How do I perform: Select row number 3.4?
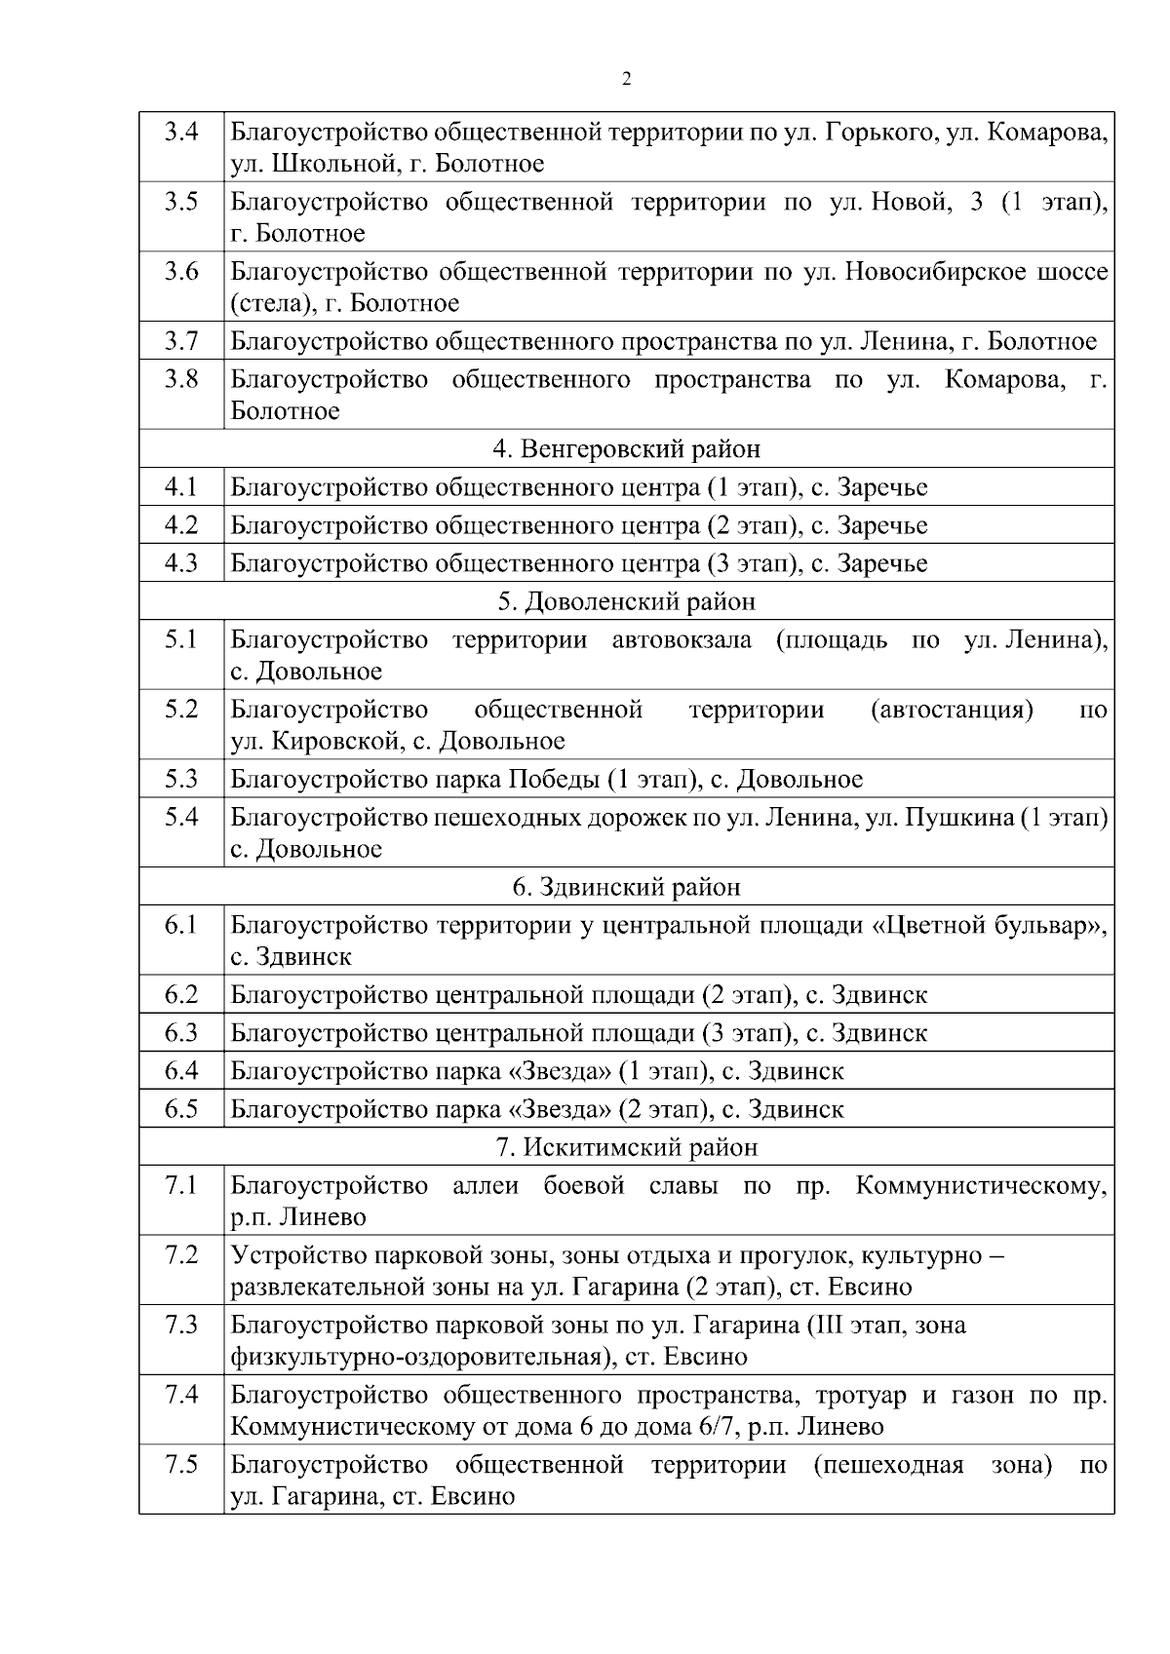(x=181, y=131)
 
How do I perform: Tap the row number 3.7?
(x=181, y=341)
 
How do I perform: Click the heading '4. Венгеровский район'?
(x=626, y=449)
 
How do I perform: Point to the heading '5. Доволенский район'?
(x=626, y=601)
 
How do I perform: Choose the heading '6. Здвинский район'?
(x=626, y=887)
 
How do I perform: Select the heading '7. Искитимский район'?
(x=626, y=1147)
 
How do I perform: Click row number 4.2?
(x=181, y=525)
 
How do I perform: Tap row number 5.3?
(x=181, y=779)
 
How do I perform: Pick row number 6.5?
(x=181, y=1109)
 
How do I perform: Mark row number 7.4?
(x=181, y=1395)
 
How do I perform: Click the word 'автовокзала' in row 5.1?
(x=682, y=640)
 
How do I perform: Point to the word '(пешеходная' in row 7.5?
(x=888, y=1466)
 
